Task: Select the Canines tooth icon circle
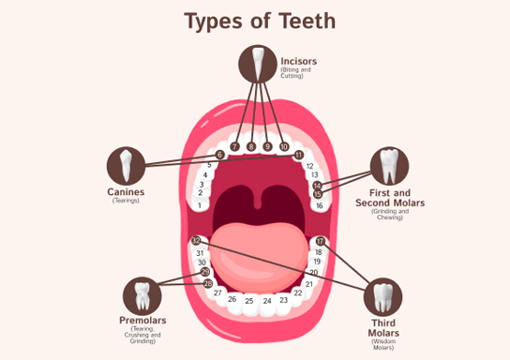click(x=126, y=165)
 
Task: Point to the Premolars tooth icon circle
click(x=142, y=296)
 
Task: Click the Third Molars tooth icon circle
click(x=382, y=297)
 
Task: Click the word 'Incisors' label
click(x=298, y=62)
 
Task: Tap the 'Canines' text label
click(x=125, y=192)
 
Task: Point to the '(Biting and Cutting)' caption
click(x=293, y=73)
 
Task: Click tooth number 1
click(x=200, y=203)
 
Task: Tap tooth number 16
click(x=320, y=205)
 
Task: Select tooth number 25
click(x=249, y=301)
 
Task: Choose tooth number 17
click(x=320, y=242)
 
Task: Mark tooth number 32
click(x=196, y=242)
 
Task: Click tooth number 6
click(x=220, y=155)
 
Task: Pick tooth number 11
click(x=298, y=155)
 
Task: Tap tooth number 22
click(x=298, y=292)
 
